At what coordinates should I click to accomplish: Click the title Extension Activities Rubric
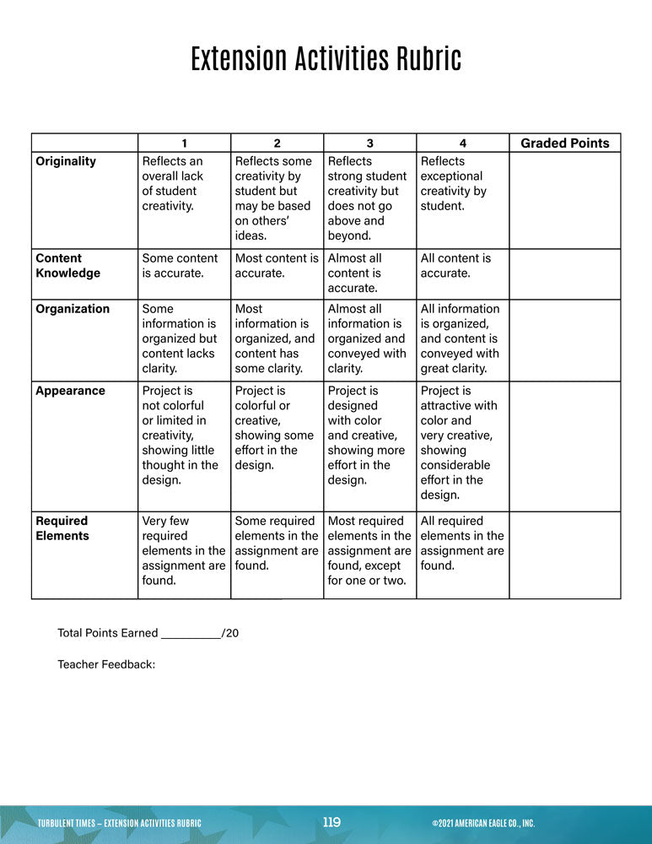(x=326, y=60)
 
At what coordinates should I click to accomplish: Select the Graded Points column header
(x=564, y=143)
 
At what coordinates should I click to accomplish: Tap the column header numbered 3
(x=369, y=143)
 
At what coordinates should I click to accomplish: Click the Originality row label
(x=66, y=161)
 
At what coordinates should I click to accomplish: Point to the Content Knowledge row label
(x=67, y=266)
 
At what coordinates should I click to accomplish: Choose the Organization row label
(x=73, y=309)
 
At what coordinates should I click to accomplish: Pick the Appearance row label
(x=69, y=391)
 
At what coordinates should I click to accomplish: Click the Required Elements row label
(x=62, y=528)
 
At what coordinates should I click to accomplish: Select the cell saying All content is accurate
(x=455, y=266)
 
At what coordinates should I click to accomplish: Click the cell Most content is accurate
(x=277, y=266)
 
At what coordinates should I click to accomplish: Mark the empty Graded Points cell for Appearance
(x=564, y=446)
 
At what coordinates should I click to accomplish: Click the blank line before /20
(x=190, y=633)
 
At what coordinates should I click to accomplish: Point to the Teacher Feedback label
(x=106, y=664)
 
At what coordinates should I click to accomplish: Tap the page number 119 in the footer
(x=331, y=822)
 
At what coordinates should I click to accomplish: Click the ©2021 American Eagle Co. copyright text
(x=482, y=823)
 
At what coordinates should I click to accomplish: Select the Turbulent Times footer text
(x=120, y=823)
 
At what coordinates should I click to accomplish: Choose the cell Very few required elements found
(x=183, y=550)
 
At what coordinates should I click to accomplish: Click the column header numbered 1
(x=184, y=143)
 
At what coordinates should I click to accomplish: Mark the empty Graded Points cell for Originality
(x=564, y=200)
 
